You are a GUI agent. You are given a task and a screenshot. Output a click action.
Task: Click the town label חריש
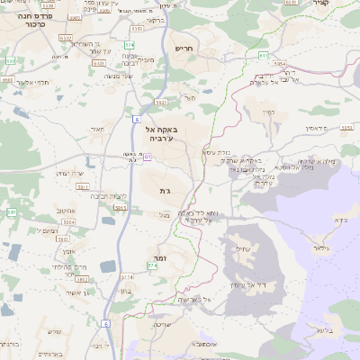pos(185,48)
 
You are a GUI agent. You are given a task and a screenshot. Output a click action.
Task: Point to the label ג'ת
pos(165,191)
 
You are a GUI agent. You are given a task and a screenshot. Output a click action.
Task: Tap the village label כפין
pos(267,112)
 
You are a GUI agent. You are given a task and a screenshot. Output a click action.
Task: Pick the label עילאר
pos(322,247)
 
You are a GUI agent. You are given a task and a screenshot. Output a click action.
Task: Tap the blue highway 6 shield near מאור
pos(136,118)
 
